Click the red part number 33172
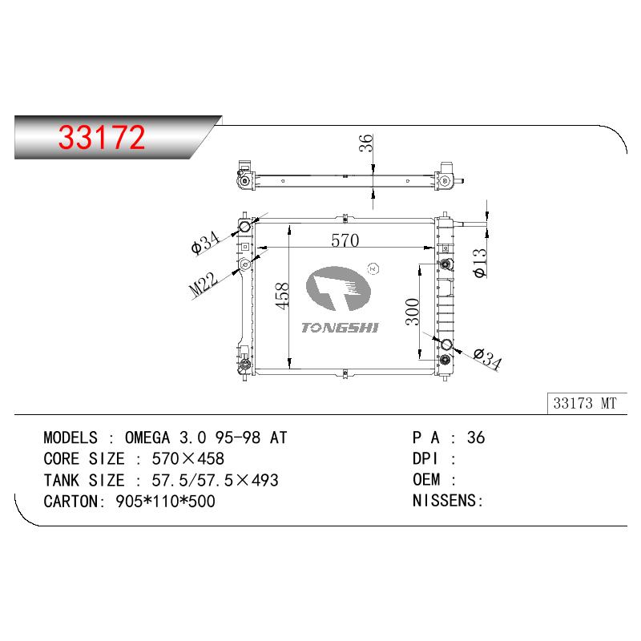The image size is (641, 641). coord(102,137)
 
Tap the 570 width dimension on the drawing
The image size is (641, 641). coord(345,240)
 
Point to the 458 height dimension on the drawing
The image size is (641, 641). coord(282,296)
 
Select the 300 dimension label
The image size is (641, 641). coord(413,312)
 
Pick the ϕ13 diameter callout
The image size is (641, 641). coord(480,264)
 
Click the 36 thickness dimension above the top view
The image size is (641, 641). coord(366,143)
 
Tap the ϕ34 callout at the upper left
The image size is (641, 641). coord(206,242)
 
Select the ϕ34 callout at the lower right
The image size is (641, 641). coord(487,358)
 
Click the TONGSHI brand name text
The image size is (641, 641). coord(340,328)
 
